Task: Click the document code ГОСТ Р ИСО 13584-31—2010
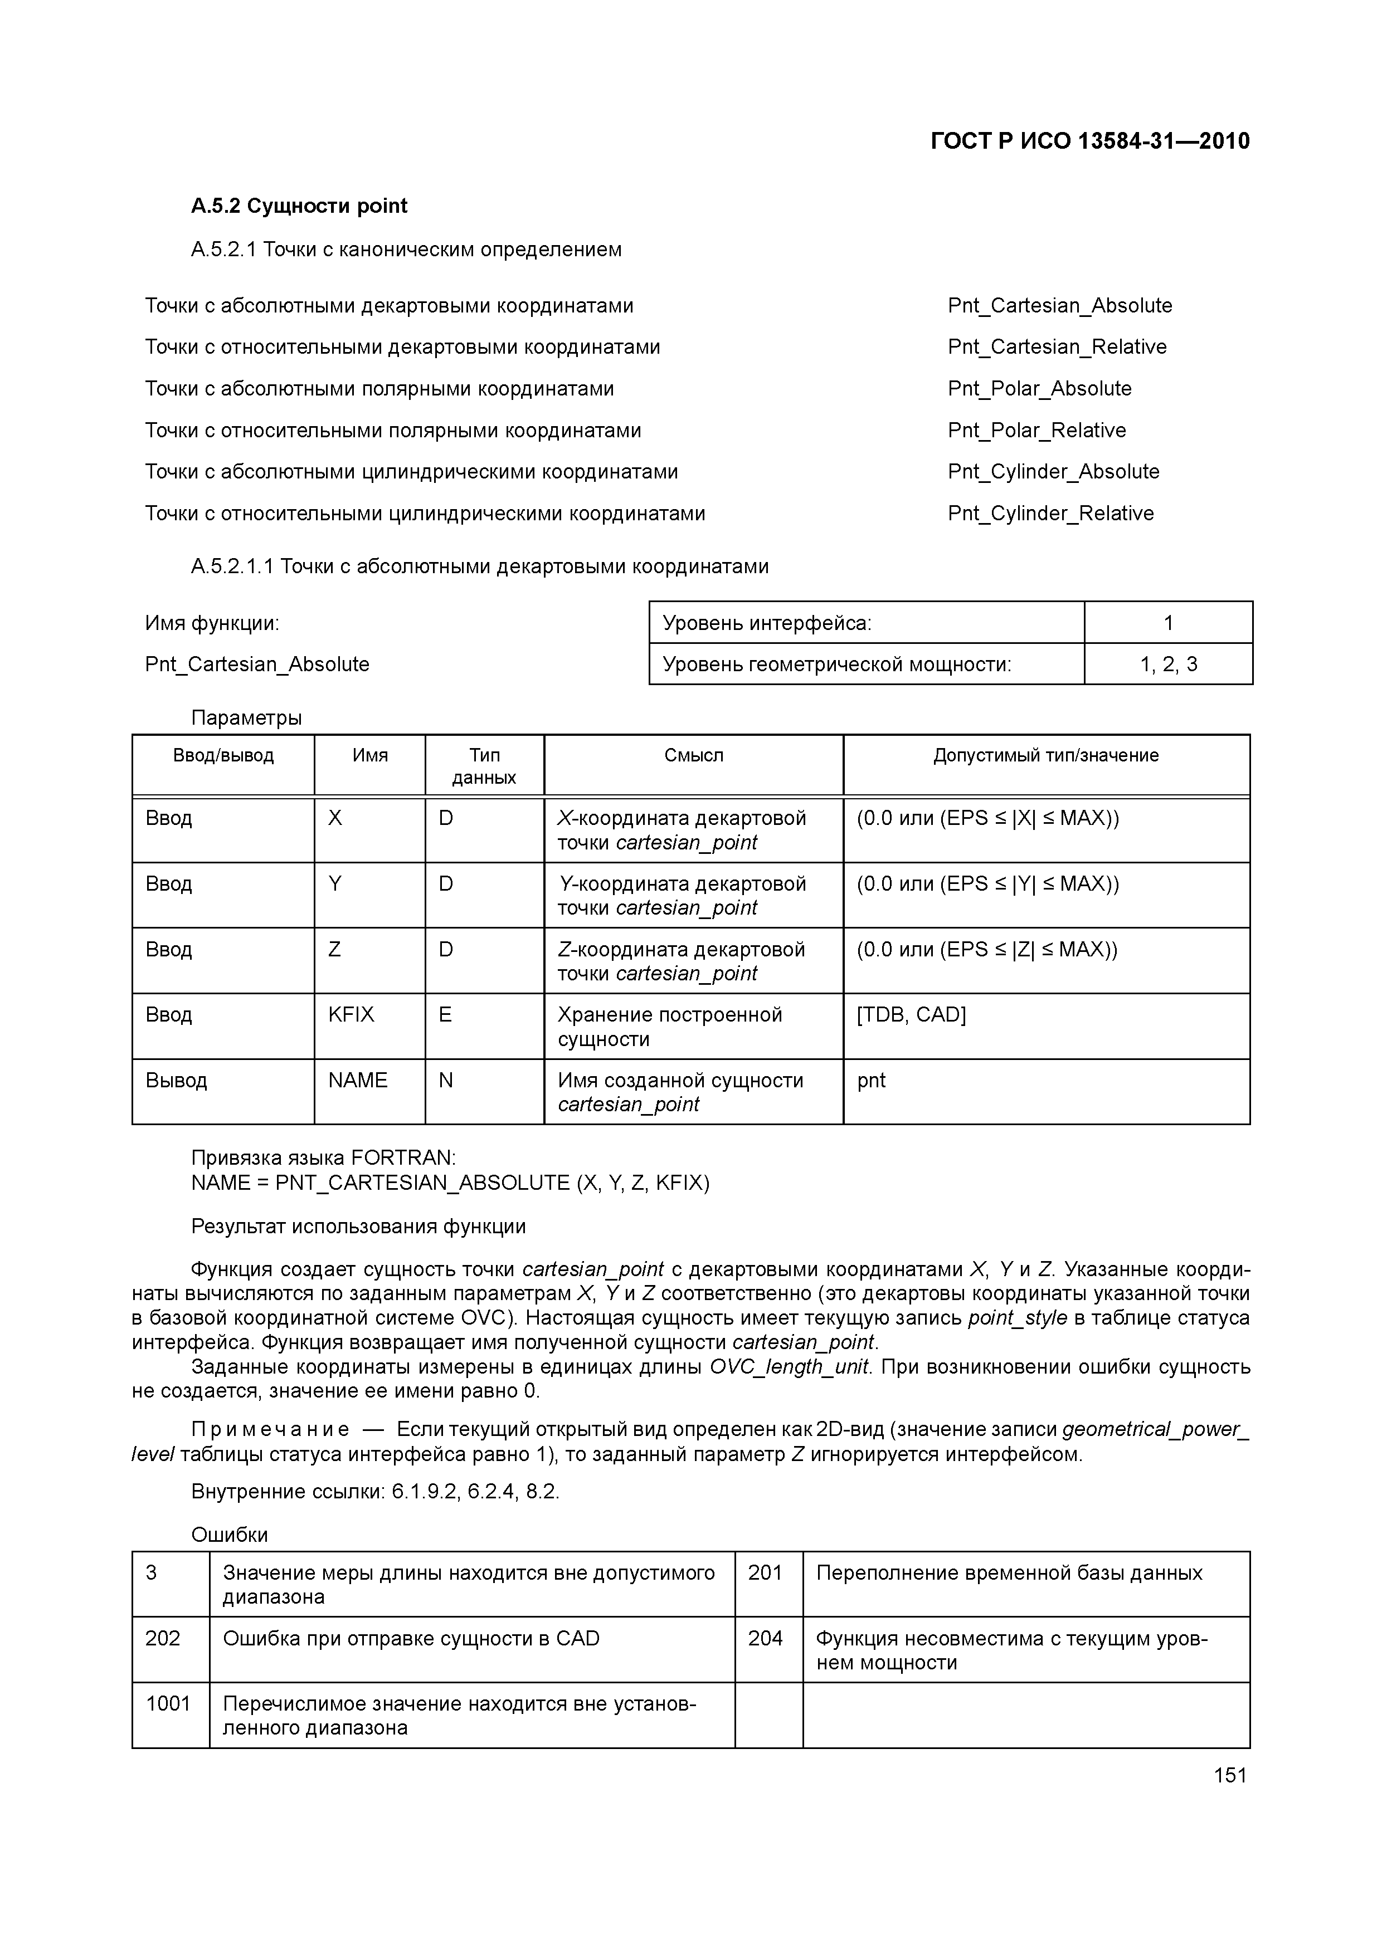tap(1090, 141)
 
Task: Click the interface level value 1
tap(1167, 623)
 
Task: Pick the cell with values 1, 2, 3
tap(1167, 665)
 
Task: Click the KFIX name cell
tap(351, 1014)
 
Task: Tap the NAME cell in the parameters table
tap(358, 1080)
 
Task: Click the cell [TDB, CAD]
tap(911, 1014)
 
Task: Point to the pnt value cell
tap(871, 1080)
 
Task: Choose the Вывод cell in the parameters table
tap(176, 1080)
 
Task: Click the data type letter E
tap(445, 1014)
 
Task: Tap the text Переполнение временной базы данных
tap(1009, 1573)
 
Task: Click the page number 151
tap(1229, 1775)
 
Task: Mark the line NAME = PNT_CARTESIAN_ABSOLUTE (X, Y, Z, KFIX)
tap(450, 1183)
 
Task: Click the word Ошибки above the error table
tap(229, 1535)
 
